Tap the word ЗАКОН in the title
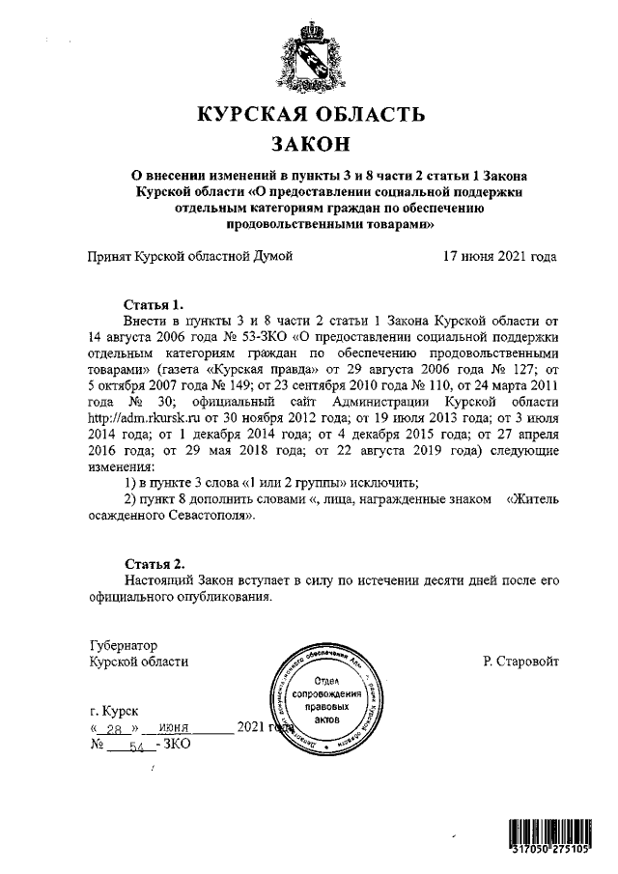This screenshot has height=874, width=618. (309, 146)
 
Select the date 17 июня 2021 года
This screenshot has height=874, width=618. (499, 257)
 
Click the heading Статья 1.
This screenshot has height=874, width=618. (154, 304)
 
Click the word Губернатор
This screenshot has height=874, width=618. (122, 645)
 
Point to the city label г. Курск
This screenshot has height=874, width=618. (112, 711)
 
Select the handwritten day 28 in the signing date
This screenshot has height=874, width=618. (116, 729)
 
